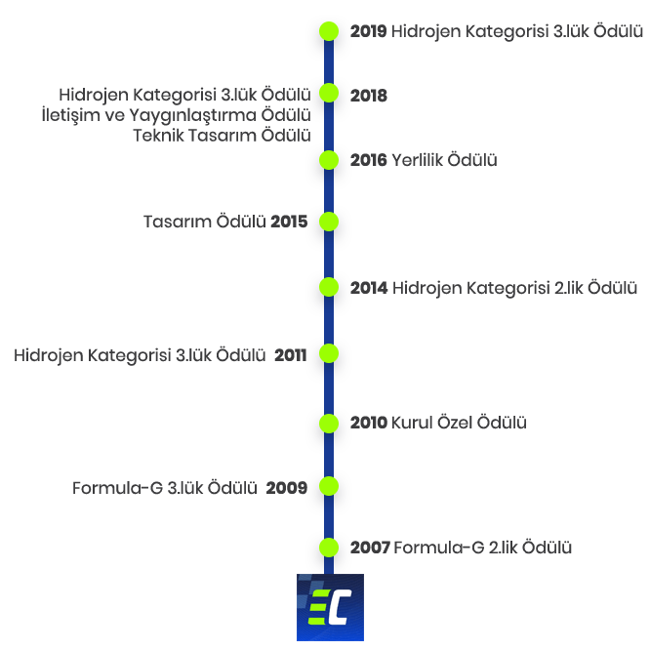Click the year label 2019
(x=368, y=31)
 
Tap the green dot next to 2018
(x=329, y=93)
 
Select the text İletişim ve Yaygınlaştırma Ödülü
(x=177, y=116)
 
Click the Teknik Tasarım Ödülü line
(x=222, y=136)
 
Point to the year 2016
(x=368, y=160)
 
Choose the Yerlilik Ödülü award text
(x=444, y=160)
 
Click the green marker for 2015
(x=329, y=222)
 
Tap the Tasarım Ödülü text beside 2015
(x=204, y=222)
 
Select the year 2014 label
(x=369, y=288)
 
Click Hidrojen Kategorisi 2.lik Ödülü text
(x=514, y=289)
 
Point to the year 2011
(x=290, y=355)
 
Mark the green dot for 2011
(x=329, y=353)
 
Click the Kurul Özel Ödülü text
(x=459, y=423)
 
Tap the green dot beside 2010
(x=329, y=424)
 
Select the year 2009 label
(x=286, y=488)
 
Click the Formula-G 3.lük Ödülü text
(x=165, y=488)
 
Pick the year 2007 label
(x=370, y=548)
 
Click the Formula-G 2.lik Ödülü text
(x=482, y=548)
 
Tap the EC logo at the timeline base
(x=331, y=607)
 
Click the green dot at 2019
(x=329, y=31)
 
